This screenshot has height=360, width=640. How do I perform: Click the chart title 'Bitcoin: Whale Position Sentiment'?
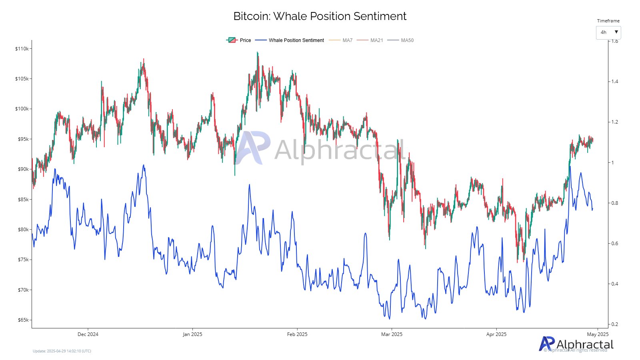320,16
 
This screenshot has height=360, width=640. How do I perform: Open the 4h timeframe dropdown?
608,32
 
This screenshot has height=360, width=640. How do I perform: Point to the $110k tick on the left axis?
22,49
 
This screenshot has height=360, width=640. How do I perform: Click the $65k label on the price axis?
23,320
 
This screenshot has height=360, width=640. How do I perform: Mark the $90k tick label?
23,169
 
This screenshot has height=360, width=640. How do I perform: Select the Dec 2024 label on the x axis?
88,334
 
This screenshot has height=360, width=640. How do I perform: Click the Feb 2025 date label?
297,334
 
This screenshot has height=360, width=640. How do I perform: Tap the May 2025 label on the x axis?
598,334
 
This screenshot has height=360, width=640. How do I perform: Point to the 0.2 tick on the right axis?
614,324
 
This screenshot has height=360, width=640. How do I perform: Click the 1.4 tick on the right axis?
614,82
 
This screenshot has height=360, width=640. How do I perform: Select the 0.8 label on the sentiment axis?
614,203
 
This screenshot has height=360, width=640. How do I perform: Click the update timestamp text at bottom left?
62,351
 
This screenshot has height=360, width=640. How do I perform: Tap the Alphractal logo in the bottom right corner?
576,344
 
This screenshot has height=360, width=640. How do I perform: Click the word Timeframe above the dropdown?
608,21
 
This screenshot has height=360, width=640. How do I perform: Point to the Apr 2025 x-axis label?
496,334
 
